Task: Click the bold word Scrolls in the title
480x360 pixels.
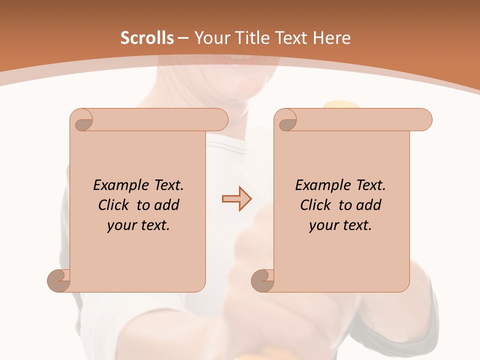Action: coord(147,38)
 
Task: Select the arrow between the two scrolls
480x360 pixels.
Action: coord(237,199)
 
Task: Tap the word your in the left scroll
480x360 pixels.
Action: coord(120,225)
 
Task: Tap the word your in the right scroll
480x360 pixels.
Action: coord(322,225)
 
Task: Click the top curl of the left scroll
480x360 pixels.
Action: coord(83,119)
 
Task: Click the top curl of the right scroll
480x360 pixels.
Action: coord(287,119)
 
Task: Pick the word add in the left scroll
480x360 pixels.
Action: coord(166,205)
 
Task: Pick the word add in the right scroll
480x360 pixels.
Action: coord(368,205)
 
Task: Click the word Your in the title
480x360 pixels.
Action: coord(209,38)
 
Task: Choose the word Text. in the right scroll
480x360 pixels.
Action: coord(370,185)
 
